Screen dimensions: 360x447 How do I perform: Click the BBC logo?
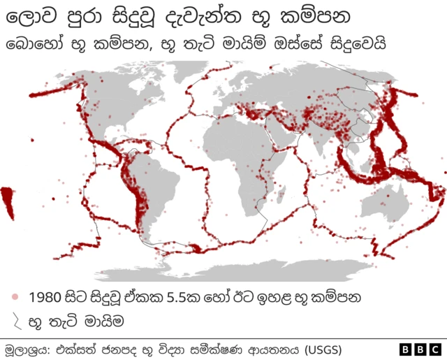(420, 348)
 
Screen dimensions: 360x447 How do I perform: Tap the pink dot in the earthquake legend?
(14, 298)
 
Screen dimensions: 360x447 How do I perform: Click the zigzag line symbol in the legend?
(14, 322)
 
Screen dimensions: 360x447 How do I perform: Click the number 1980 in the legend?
(47, 298)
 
